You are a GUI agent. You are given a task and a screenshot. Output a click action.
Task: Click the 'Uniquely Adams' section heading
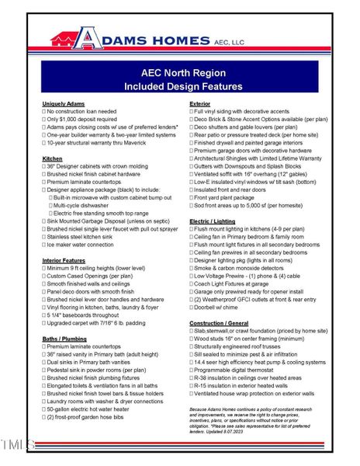(x=64, y=103)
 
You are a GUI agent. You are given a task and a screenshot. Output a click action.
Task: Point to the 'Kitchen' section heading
(x=52, y=158)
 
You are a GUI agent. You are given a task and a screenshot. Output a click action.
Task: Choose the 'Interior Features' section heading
(x=64, y=260)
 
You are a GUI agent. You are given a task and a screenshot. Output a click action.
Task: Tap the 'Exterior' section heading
(x=202, y=103)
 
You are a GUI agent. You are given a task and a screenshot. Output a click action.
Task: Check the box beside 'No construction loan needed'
(x=44, y=112)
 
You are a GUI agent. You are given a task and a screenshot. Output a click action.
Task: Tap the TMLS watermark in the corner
(x=17, y=444)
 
